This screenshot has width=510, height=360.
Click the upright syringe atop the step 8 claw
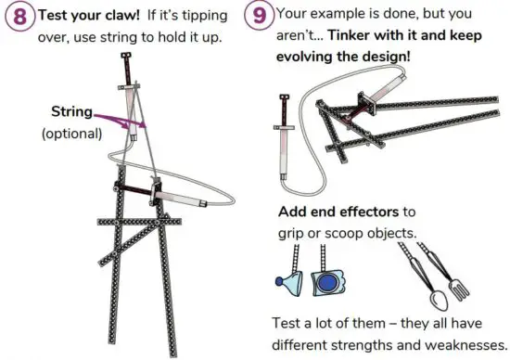[x=126, y=73]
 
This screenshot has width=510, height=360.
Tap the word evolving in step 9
[x=312, y=57]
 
